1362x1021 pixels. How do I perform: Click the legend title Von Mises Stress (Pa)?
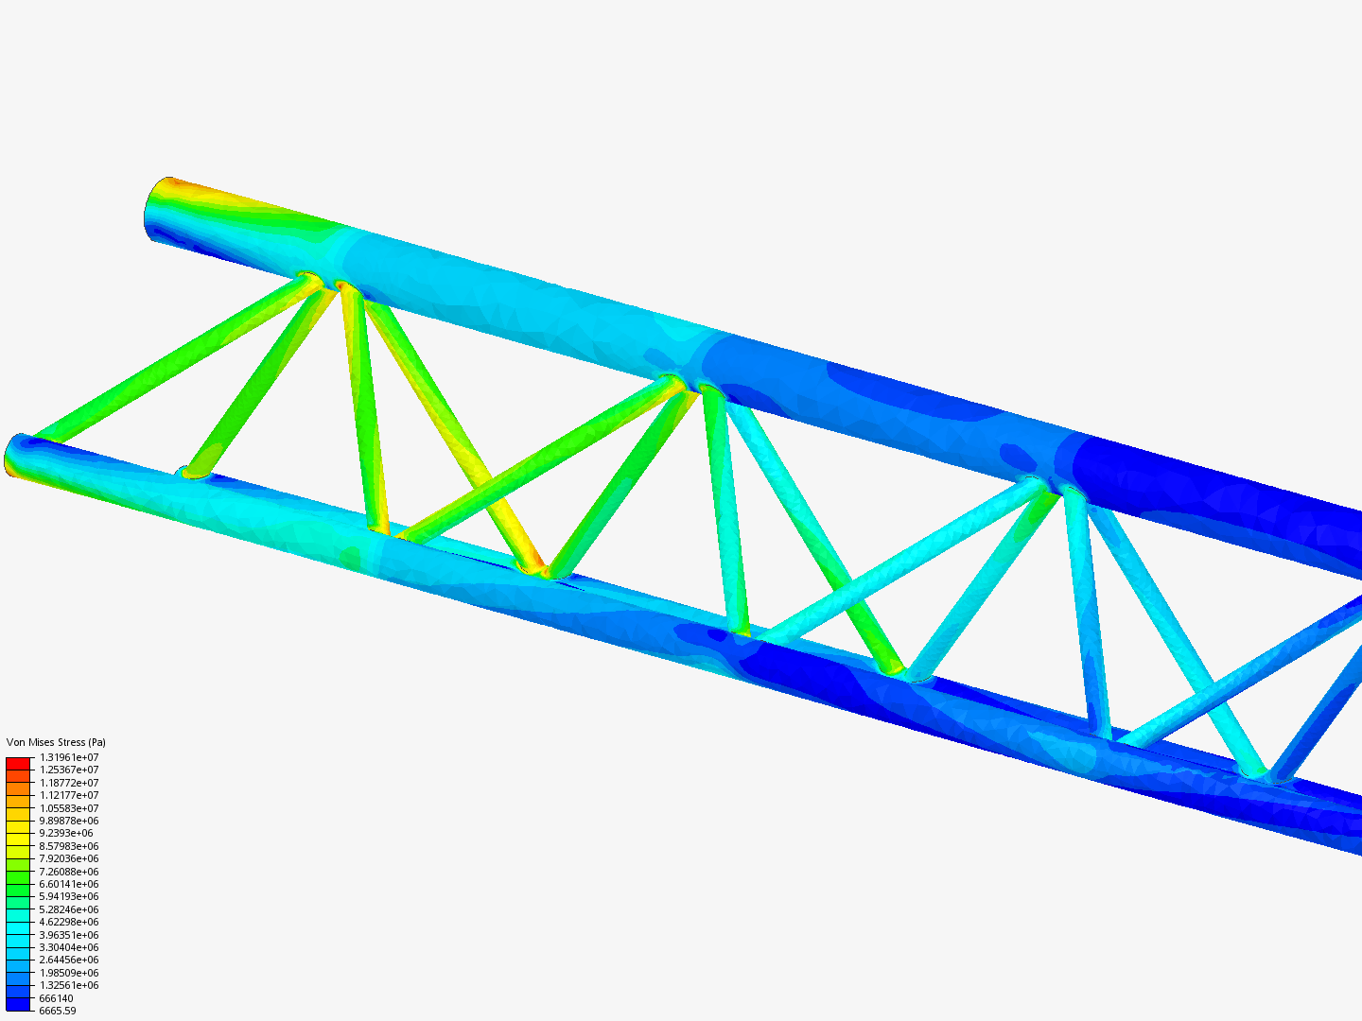56,742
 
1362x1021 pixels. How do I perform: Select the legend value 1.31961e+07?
69,757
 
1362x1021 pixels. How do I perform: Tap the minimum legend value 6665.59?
57,1011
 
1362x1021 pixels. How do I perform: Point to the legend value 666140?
56,998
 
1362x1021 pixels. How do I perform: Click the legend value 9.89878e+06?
69,821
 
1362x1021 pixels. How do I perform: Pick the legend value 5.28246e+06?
69,909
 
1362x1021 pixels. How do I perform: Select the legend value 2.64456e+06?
69,960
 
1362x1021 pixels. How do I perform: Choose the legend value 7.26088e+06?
69,872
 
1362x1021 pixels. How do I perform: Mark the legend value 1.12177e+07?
69,795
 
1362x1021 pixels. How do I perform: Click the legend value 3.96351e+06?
69,935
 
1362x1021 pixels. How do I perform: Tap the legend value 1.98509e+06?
69,973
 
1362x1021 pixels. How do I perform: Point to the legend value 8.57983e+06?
69,846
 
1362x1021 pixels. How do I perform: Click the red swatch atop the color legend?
18,763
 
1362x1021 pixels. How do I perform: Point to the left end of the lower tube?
16,456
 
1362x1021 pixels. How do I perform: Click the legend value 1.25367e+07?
69,770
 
